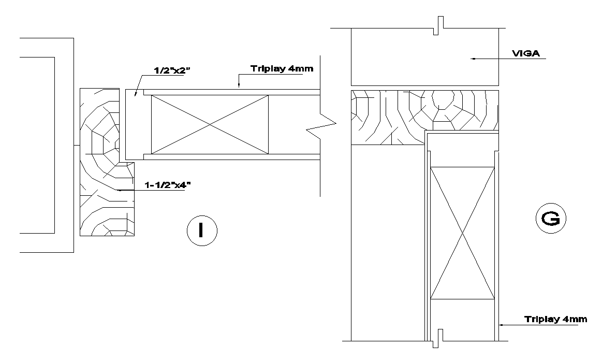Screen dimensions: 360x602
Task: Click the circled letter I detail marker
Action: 201,231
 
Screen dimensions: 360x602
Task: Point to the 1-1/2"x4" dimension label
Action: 165,185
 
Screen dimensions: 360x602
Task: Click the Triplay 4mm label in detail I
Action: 282,69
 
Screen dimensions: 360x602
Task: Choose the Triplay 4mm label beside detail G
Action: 555,319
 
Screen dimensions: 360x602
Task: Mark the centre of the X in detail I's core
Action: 210,124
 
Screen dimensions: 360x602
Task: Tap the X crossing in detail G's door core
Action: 462,233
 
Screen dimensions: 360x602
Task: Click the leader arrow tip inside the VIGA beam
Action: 472,60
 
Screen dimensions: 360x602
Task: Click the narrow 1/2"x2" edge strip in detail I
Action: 134,124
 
